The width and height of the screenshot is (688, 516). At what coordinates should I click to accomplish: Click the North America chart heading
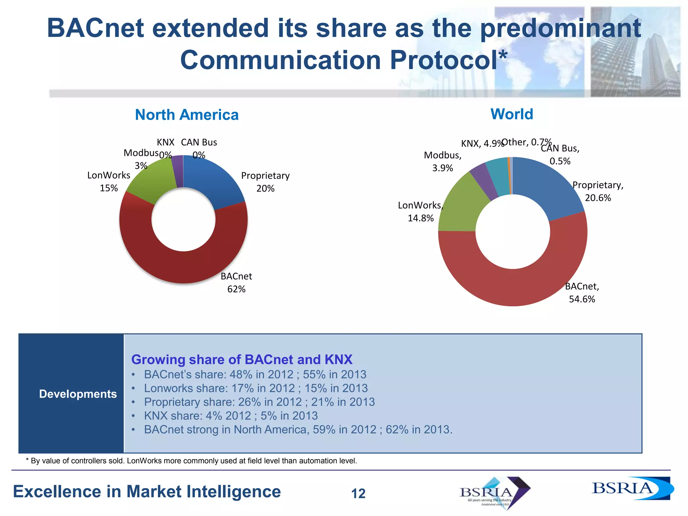[x=187, y=115]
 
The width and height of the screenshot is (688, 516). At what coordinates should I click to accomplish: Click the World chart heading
[x=512, y=114]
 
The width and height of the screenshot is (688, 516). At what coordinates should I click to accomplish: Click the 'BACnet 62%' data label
[x=236, y=283]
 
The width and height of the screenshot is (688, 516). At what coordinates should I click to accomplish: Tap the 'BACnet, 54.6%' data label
[x=582, y=293]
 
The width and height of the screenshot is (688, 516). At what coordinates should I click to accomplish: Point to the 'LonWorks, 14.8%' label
[x=421, y=212]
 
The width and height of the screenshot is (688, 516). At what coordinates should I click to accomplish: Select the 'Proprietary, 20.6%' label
[x=598, y=191]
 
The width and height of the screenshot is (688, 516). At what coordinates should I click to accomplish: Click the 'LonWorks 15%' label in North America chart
[x=109, y=181]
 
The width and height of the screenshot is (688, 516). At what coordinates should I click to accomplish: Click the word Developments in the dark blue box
[x=78, y=394]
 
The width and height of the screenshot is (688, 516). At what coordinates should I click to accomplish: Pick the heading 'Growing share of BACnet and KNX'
[x=242, y=359]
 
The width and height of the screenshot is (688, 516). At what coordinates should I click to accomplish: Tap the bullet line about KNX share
[x=230, y=416]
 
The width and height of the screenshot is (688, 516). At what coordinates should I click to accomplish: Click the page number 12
[x=358, y=493]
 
